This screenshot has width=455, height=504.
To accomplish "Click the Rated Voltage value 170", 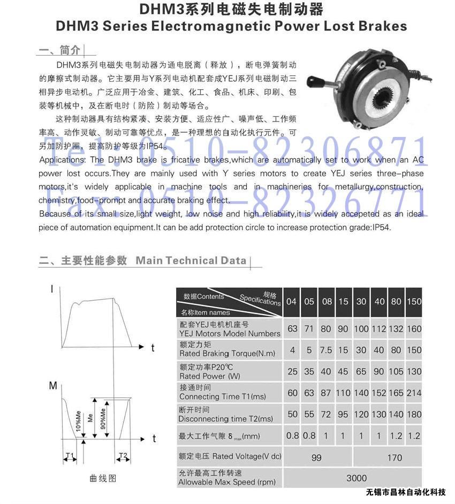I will click(394, 457).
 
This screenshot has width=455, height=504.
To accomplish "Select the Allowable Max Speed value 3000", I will click(357, 478).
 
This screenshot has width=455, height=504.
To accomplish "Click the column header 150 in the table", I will click(414, 301).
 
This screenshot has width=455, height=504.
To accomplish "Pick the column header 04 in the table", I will click(291, 301).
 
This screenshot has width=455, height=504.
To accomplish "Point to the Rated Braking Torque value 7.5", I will click(326, 350).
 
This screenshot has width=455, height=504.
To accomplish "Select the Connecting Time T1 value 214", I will click(414, 393).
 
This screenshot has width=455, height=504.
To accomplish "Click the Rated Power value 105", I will click(396, 371).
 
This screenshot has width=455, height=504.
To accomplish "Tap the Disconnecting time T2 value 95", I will click(343, 414).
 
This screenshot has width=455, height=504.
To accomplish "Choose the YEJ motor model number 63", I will click(292, 329).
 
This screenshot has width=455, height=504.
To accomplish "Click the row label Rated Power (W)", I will click(210, 376).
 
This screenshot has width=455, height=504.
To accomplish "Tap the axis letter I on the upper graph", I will click(52, 289).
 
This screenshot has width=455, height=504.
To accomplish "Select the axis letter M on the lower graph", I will click(53, 386).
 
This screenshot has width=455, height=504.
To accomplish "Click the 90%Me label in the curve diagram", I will click(102, 417).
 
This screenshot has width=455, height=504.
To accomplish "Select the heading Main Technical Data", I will click(191, 261).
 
